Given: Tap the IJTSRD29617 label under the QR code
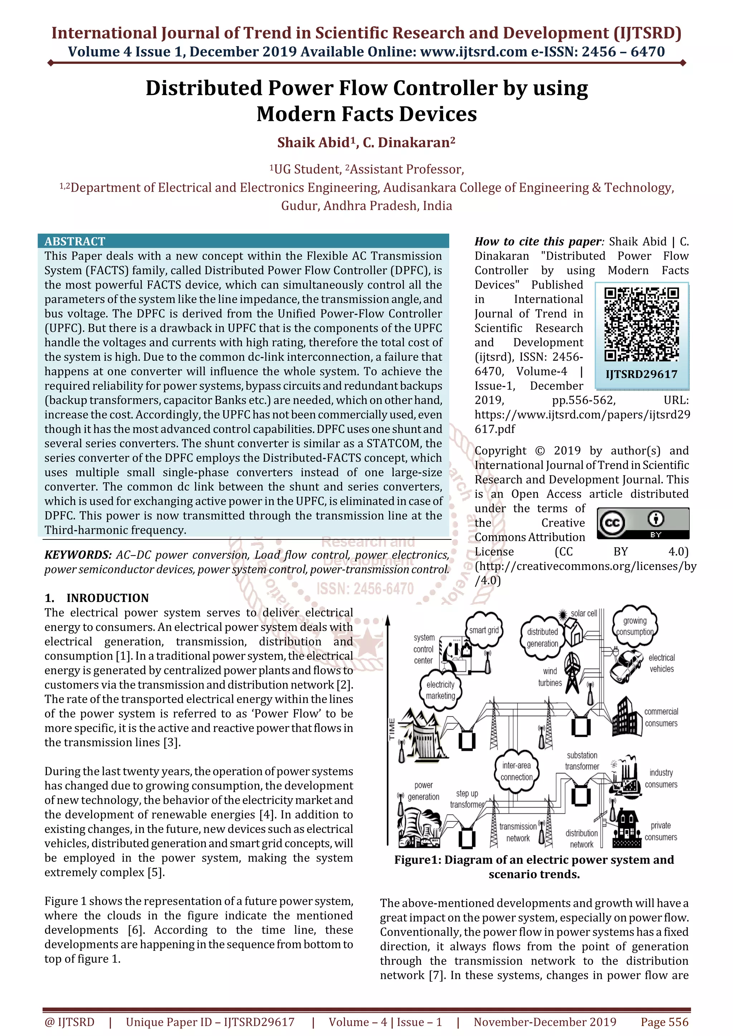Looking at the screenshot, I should [641, 374].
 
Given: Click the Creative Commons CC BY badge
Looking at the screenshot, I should [643, 523].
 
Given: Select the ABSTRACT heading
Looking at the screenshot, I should [75, 241].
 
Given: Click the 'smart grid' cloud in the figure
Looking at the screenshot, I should [484, 630].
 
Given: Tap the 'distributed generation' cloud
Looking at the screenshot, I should [542, 637].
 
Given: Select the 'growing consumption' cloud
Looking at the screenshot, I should [635, 626].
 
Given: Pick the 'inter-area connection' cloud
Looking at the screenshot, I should [516, 771].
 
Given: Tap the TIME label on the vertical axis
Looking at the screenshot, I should [392, 728].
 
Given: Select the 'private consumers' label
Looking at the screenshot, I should [661, 831].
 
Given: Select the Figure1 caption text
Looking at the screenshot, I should [534, 867].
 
